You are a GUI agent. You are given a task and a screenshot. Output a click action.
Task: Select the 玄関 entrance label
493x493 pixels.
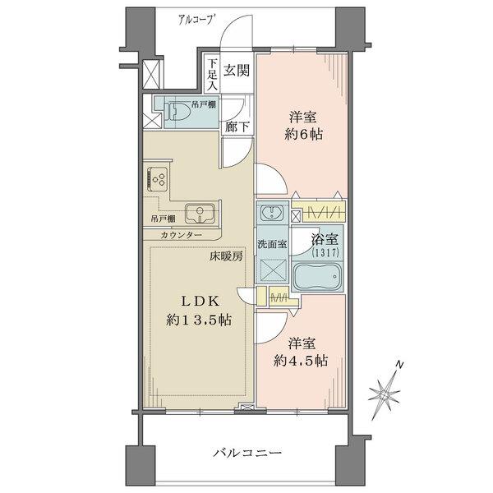coord(237,71)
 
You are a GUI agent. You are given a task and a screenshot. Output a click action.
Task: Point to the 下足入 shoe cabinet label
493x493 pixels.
coord(211,74)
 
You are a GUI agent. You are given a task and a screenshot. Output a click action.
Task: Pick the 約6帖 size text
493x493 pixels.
coord(304,133)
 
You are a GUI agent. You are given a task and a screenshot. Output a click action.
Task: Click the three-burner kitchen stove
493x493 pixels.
coord(159,179)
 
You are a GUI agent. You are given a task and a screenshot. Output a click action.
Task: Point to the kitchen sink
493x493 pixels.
coord(199,214)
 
